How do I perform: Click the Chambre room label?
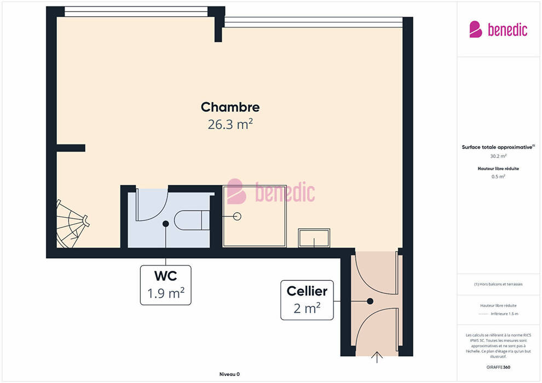[230, 107]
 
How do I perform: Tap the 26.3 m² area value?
[230, 124]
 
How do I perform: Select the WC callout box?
[165, 285]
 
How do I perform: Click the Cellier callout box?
[307, 300]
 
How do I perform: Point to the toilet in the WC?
[192, 220]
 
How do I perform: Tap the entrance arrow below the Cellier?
[377, 357]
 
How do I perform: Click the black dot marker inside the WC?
[165, 224]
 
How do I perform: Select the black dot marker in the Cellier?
[370, 301]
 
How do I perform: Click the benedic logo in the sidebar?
[498, 30]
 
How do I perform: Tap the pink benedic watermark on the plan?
[271, 191]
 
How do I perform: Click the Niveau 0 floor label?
[229, 374]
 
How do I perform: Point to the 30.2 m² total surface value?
[498, 156]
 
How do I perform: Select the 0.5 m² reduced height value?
[498, 177]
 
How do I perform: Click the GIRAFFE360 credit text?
[498, 367]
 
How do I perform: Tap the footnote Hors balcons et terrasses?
[498, 284]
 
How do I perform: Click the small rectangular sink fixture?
[314, 237]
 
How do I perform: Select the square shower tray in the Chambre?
[255, 216]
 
